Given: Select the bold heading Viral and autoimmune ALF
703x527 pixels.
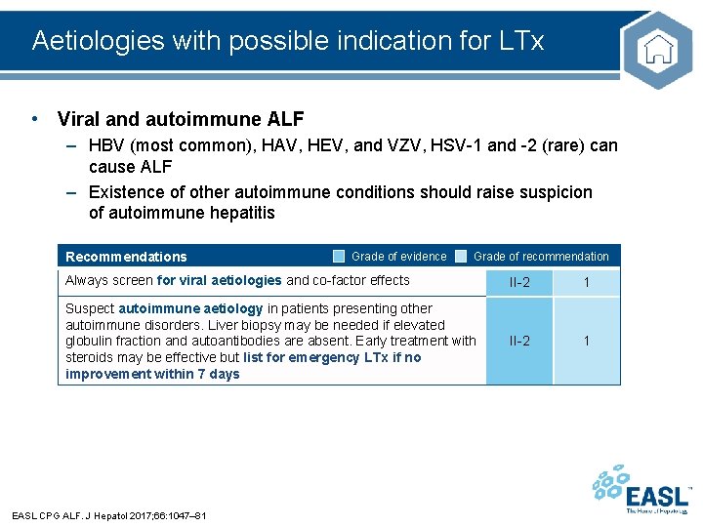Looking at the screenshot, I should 181,120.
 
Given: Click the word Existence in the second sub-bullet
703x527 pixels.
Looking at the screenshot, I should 124,192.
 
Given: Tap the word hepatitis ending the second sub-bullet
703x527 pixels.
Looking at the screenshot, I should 241,213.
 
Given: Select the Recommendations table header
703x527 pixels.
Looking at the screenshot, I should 126,257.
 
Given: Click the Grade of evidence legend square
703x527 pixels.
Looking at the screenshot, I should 338,257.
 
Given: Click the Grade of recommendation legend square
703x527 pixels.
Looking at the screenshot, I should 461,257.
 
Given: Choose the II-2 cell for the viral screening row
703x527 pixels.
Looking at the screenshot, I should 519,282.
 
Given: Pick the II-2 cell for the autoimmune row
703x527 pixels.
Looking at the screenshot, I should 519,341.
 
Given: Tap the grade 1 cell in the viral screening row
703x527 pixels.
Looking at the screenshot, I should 587,282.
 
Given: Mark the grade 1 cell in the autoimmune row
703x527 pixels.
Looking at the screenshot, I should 587,341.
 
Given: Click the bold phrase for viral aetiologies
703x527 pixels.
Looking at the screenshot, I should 220,281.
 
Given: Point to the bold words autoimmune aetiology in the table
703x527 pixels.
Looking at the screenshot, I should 190,309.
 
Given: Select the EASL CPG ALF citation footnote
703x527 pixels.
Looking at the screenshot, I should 108,515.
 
